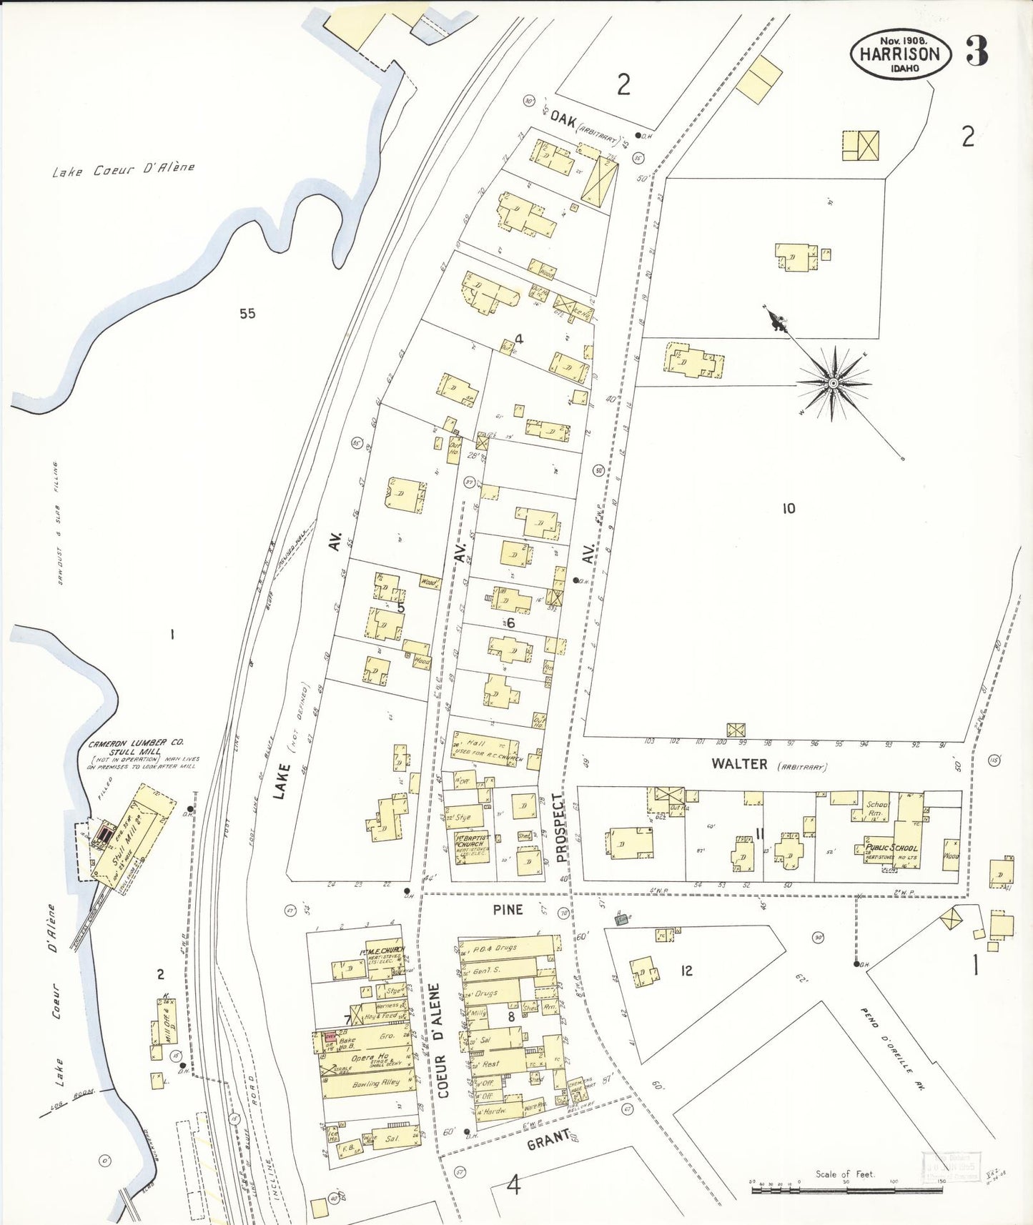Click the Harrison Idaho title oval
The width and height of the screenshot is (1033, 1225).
click(x=900, y=54)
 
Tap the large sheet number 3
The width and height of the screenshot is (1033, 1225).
click(x=977, y=51)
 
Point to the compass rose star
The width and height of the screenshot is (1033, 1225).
click(x=833, y=384)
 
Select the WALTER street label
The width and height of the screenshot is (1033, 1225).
click(x=739, y=764)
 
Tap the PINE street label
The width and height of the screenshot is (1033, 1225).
click(x=508, y=909)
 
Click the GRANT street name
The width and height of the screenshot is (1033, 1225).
click(x=548, y=1141)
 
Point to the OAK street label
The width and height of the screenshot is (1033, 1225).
click(x=564, y=120)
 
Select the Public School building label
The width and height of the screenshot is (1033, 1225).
click(x=891, y=848)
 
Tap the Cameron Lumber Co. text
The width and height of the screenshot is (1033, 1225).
click(x=136, y=743)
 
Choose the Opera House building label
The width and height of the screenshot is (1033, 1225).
click(x=370, y=1058)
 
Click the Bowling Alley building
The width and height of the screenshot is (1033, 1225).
click(x=375, y=1084)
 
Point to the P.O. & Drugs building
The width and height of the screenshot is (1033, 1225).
click(x=505, y=948)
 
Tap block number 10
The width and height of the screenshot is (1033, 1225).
click(x=788, y=508)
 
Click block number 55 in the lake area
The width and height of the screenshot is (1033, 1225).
click(x=247, y=313)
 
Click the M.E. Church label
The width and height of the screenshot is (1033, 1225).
click(x=384, y=950)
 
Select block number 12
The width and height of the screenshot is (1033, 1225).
click(x=686, y=971)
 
